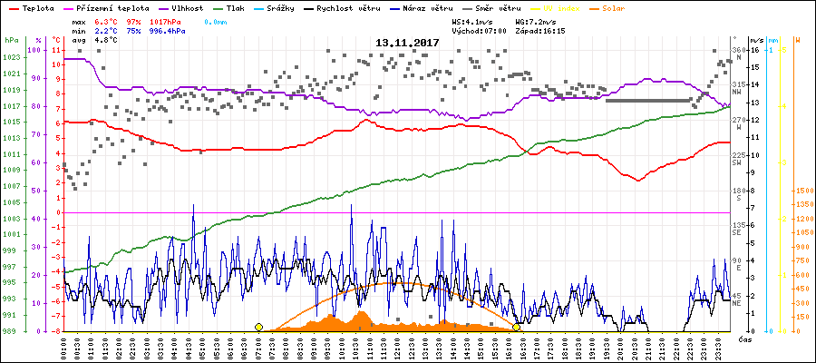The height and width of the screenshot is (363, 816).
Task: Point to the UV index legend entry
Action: tap(567, 7)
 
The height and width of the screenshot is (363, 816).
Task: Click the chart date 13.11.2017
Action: tap(408, 43)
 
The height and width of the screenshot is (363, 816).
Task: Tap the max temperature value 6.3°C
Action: tap(106, 20)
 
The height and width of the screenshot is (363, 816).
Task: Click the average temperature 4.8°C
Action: tap(106, 40)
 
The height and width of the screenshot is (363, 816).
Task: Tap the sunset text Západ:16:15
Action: tap(540, 30)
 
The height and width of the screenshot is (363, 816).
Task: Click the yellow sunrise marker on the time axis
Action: tap(259, 327)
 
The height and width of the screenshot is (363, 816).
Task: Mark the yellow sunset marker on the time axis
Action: tap(517, 327)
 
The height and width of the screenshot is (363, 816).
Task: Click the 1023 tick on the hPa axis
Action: tap(11, 57)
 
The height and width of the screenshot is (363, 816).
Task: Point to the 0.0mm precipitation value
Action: tap(216, 20)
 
